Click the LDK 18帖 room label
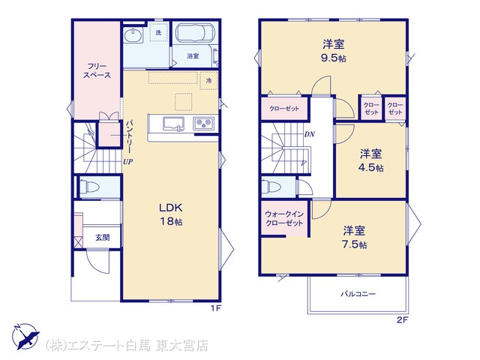171,214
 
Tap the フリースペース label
97,70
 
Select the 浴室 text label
193,56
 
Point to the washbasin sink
133,34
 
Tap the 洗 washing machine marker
158,33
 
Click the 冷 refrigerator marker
208,81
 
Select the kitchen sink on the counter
173,124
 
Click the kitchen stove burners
203,124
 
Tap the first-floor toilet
89,186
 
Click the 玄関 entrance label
102,237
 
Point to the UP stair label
128,162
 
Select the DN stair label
310,134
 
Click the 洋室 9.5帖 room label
333,51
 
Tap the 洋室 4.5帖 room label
370,160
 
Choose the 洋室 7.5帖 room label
354,237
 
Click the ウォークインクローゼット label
284,218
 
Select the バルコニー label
358,294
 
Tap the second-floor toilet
269,187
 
